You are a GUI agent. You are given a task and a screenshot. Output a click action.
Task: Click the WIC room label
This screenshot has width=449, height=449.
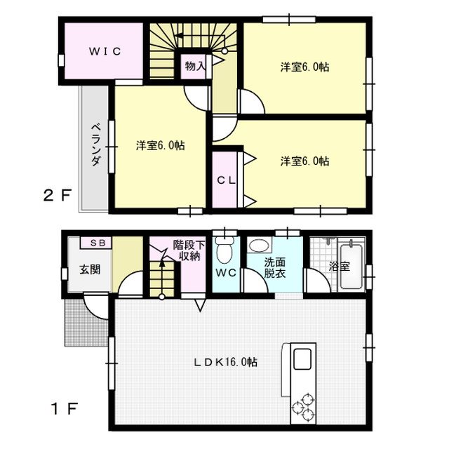point(105,51)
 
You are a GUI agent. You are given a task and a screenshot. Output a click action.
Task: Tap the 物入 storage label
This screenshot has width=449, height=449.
point(195,67)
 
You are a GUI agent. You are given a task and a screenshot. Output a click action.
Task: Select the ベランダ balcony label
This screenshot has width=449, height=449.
point(96,145)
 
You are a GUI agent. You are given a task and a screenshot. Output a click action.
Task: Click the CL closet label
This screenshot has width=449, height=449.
point(226,180)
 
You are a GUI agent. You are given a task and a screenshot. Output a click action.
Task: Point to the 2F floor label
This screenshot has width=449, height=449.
point(57,196)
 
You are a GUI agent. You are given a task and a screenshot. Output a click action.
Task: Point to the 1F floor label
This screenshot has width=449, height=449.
point(65,408)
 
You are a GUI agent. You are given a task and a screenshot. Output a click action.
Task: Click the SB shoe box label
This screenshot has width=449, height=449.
point(97,243)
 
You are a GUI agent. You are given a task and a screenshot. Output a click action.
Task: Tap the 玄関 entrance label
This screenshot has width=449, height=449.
point(90,269)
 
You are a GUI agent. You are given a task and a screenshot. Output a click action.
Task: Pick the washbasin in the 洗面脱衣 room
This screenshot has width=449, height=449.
point(259,246)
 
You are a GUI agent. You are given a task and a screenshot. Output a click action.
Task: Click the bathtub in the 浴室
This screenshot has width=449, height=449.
point(351,265)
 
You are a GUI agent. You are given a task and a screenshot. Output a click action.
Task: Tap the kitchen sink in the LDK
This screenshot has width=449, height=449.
point(302,358)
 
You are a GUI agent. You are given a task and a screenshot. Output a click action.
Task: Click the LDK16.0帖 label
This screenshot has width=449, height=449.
point(226,362)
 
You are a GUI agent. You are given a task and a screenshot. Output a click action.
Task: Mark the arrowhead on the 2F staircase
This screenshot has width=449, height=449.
point(179,36)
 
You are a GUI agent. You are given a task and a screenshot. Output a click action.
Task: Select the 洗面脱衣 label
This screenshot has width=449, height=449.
point(275,267)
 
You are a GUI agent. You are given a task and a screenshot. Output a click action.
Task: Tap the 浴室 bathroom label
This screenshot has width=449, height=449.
point(340,267)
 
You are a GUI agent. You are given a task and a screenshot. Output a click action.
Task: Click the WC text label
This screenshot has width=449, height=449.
point(226,273)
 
